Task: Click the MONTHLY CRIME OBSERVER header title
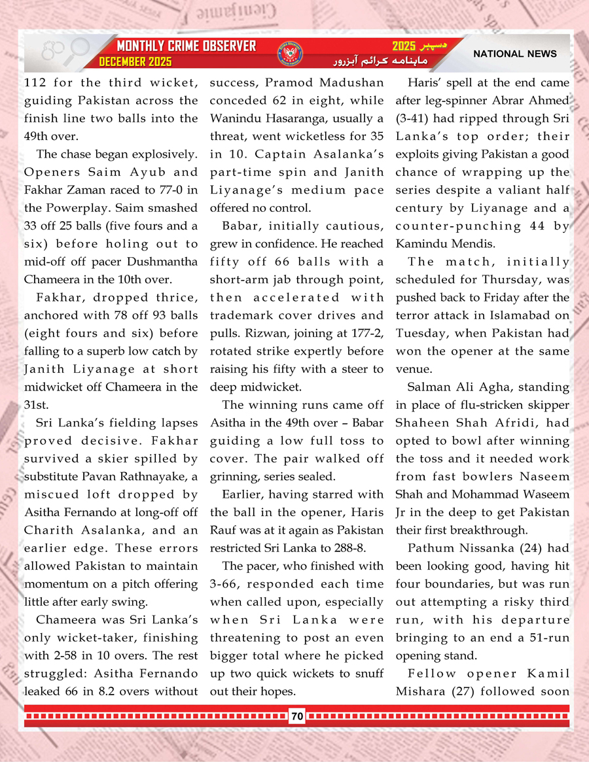pyautogui.click(x=186, y=46)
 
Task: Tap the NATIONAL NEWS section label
pyautogui.click(x=515, y=54)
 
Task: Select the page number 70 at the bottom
pyautogui.click(x=297, y=716)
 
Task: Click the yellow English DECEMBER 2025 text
pyautogui.click(x=135, y=62)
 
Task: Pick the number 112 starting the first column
pyautogui.click(x=35, y=83)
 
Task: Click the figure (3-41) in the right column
pyautogui.click(x=415, y=118)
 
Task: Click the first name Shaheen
pyautogui.click(x=420, y=423)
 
